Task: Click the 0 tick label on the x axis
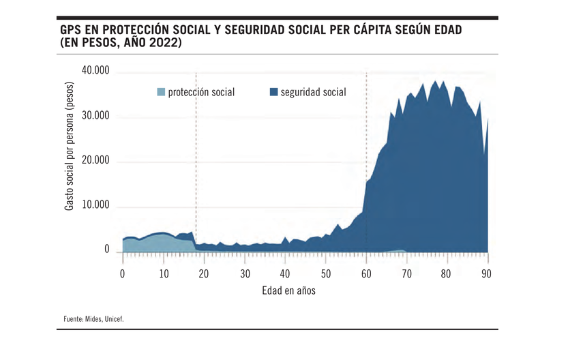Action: (123, 273)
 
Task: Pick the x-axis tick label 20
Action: (204, 273)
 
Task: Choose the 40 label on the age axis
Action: (285, 273)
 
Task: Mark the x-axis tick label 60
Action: (366, 273)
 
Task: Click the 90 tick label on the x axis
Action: (487, 273)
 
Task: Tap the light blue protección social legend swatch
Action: (161, 92)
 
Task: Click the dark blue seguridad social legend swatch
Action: (273, 92)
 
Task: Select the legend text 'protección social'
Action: (201, 92)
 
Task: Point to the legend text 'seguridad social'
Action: (312, 92)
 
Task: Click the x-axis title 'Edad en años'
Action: (288, 290)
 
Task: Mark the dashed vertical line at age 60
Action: (366, 123)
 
